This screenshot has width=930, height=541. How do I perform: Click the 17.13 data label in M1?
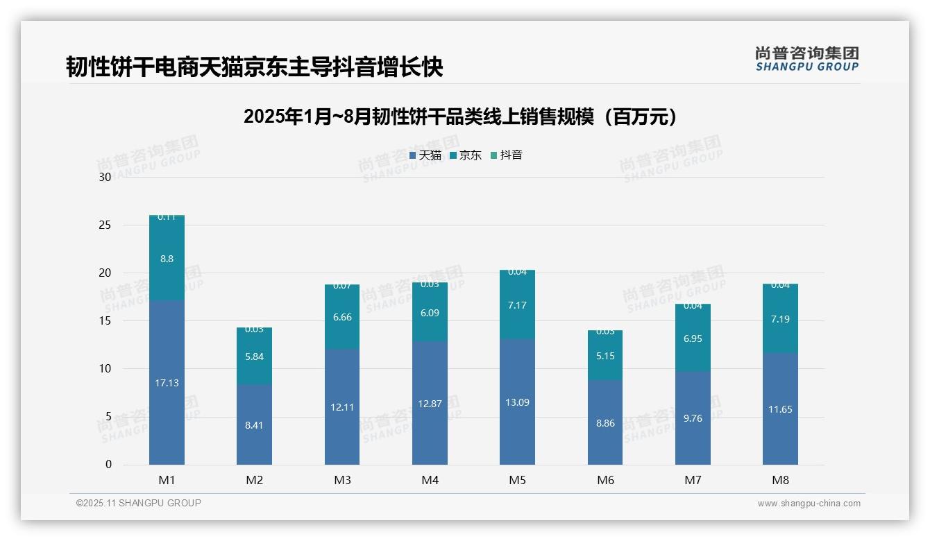point(167,383)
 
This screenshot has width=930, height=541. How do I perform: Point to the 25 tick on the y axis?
point(105,225)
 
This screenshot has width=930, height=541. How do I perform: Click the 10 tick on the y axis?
point(105,369)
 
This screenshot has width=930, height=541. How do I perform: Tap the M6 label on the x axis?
point(605,480)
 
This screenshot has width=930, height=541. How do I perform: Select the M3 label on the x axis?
point(342,480)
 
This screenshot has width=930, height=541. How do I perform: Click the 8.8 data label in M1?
point(167,259)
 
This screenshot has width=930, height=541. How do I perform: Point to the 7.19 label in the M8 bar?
point(780,320)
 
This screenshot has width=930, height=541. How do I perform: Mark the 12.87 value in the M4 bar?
point(430,404)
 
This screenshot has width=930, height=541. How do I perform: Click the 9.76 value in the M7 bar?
point(693,418)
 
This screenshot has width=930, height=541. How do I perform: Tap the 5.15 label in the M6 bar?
point(605,356)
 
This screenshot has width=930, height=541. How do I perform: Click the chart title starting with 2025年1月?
point(460,117)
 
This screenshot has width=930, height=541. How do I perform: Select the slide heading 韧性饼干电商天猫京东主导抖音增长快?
point(254,67)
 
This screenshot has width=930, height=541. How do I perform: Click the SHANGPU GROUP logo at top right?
point(806,59)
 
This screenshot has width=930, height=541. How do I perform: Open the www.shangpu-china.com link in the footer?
point(809,504)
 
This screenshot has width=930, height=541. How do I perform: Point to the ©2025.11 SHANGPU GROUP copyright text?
point(139,503)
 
